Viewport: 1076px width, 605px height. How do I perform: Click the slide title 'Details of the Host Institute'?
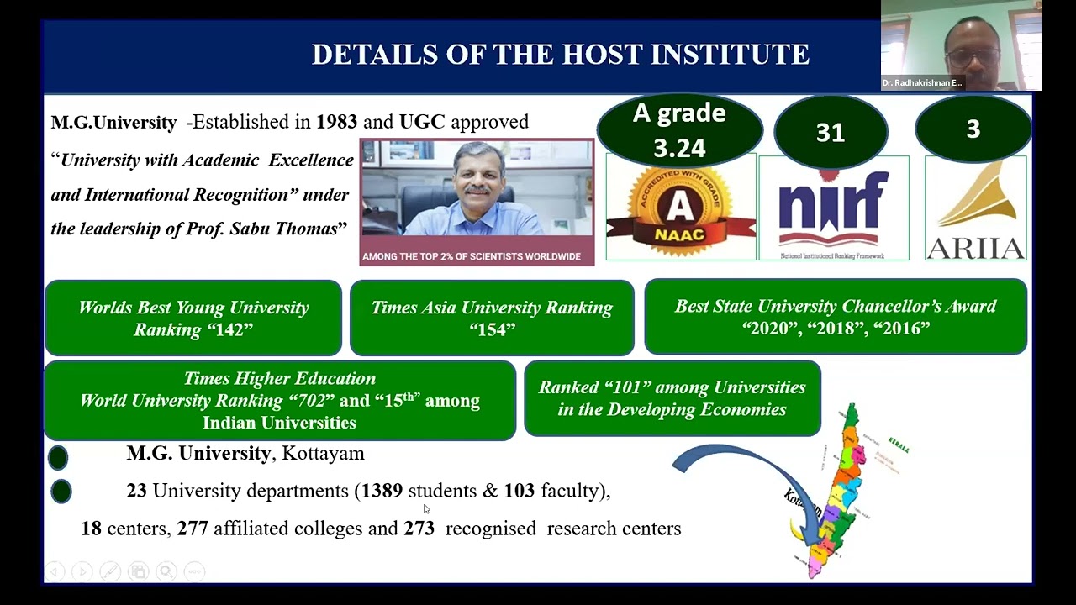(560, 55)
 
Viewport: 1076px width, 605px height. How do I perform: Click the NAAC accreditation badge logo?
(680, 208)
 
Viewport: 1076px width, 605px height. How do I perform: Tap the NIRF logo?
(833, 208)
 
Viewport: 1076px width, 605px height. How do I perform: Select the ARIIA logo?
(975, 209)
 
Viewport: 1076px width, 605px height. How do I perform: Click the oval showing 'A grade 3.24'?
(679, 130)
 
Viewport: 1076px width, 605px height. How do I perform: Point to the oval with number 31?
(830, 132)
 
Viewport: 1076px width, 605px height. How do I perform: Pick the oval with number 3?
(973, 129)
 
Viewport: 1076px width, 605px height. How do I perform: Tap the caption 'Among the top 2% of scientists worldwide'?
(472, 256)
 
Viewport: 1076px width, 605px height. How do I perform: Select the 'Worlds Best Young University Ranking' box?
(193, 318)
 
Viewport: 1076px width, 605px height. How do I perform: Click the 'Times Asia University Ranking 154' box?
(492, 318)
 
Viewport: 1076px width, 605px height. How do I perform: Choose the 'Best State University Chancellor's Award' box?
(835, 317)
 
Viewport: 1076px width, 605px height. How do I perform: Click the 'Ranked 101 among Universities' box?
(672, 398)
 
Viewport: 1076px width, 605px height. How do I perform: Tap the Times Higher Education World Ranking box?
(279, 401)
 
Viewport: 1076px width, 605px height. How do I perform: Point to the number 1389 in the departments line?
(382, 491)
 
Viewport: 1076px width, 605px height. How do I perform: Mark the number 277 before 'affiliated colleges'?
(193, 529)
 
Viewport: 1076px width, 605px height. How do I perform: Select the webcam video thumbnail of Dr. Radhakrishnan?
(961, 45)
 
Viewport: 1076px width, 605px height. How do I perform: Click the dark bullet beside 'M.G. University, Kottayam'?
(58, 457)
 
